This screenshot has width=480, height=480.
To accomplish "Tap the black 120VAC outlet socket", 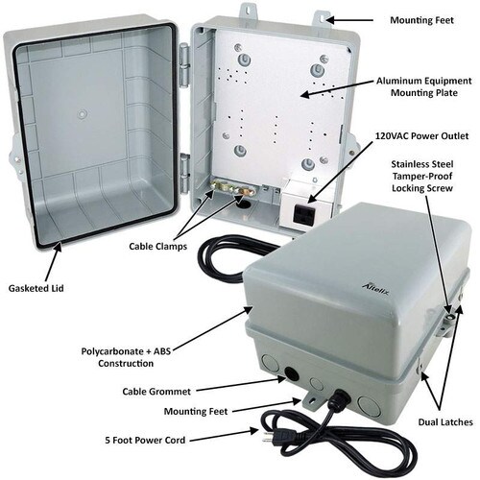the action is coord(303,214).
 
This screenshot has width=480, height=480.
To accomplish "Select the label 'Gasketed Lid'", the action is coord(36,288).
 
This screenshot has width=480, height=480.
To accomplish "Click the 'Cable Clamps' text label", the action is coord(158,247).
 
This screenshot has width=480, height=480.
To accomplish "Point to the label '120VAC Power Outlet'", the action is coord(421,136).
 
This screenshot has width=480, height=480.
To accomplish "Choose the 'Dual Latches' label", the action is coord(445,422).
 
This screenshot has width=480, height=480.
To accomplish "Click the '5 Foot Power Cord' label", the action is coord(145,440).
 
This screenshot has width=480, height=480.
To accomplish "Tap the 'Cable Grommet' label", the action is coord(156,392).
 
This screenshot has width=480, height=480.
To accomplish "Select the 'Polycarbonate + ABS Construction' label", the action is coord(126,357).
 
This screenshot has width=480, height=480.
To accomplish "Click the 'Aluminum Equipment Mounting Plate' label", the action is coord(424,86).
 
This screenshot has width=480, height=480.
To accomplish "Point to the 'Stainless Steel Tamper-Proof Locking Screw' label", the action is coord(422,176).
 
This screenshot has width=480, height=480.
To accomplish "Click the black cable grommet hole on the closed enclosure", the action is coord(291,373).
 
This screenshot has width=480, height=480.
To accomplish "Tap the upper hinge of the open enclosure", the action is coord(184,65).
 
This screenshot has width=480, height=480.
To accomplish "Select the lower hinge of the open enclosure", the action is coord(184,174).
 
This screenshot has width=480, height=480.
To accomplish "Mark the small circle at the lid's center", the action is coord(83,114).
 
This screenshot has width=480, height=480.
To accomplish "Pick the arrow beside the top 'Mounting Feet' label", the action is coord(349,20).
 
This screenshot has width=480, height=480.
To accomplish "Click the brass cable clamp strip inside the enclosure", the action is coord(232,188).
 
